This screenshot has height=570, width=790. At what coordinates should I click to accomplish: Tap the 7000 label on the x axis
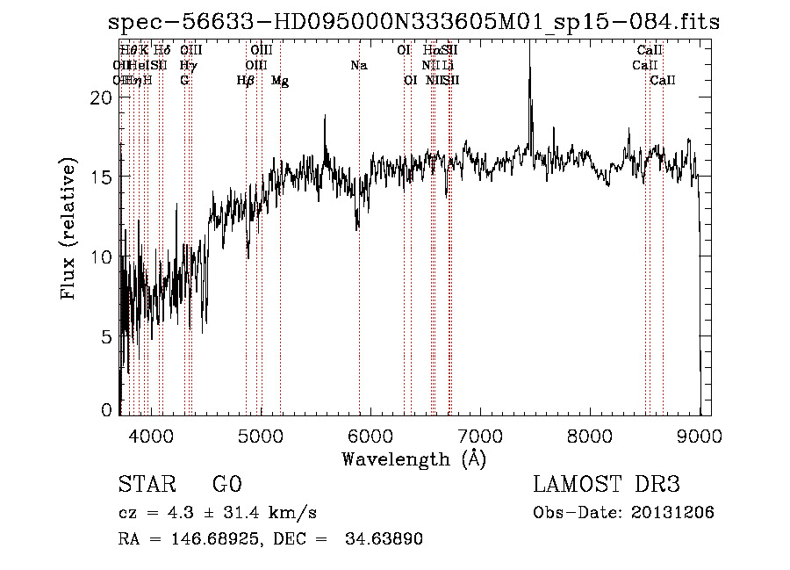pos(479,435)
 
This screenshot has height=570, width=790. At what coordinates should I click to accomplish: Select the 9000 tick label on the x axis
pos(700,435)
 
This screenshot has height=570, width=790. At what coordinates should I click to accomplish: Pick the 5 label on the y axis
pos(106,336)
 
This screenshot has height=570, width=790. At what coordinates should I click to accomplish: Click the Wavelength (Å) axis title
pos(413,458)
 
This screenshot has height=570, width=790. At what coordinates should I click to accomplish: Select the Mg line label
pos(280,81)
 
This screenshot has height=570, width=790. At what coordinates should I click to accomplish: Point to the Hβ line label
pos(246,81)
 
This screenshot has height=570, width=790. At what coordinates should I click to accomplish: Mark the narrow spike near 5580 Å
pos(325,123)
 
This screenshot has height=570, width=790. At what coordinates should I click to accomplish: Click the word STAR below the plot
pos(145,485)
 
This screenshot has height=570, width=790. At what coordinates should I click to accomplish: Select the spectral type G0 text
pos(226,485)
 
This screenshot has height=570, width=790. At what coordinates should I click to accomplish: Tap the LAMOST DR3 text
pos(607,485)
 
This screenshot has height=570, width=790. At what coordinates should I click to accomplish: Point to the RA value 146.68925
pos(211,539)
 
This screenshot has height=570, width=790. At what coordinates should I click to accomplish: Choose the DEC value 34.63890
pos(387,539)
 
